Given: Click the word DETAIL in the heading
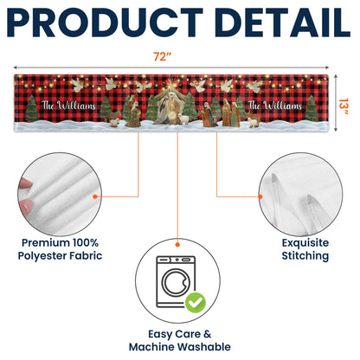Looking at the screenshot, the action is (x=283, y=22).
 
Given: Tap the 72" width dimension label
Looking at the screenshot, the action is (x=162, y=56).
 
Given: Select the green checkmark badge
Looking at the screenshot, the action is (x=196, y=303).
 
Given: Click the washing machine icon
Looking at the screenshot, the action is (x=176, y=282).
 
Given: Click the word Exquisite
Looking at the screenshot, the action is (x=305, y=242).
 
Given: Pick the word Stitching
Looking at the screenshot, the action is (x=305, y=256).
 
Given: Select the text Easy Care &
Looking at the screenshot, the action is (x=180, y=334).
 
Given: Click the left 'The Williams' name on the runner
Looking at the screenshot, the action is (x=68, y=106).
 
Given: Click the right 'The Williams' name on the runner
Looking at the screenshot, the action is (x=275, y=106).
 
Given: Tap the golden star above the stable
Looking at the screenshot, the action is (x=173, y=86).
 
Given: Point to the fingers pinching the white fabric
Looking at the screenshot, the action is (x=25, y=197).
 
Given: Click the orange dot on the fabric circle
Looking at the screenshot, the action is (x=95, y=196).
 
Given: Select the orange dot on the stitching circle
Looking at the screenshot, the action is (x=260, y=196).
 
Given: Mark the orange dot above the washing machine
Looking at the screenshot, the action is (x=177, y=245).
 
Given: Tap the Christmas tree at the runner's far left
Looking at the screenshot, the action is (x=32, y=108).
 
